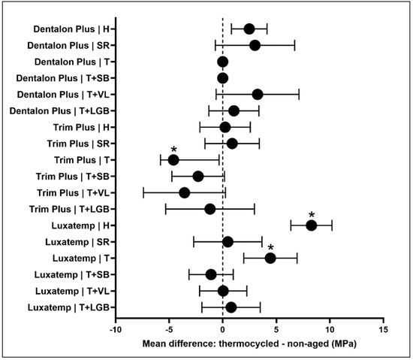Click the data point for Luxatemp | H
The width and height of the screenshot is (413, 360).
[x=312, y=225]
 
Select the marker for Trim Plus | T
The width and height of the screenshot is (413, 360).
[x=173, y=160]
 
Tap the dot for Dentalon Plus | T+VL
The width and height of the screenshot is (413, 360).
[x=258, y=95]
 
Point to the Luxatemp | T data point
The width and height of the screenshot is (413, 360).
[x=270, y=259]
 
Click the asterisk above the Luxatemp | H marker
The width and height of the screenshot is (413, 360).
[x=312, y=214]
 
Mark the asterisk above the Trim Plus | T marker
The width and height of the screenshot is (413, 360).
[x=173, y=150]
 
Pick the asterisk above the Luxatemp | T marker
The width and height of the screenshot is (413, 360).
[x=270, y=247]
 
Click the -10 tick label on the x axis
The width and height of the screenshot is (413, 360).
[x=116, y=330]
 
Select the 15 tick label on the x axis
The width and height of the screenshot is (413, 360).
[x=384, y=330]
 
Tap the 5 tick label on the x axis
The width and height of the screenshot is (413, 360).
[x=276, y=330]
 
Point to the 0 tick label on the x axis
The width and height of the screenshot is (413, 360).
[x=222, y=330]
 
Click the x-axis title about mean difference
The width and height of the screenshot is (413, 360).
[x=249, y=344]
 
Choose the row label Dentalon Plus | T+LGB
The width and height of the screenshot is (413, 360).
[x=59, y=111]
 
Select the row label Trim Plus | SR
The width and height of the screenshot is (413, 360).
[x=78, y=144]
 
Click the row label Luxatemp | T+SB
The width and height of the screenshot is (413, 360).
[x=72, y=275]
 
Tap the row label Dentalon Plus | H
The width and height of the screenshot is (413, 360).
[x=71, y=29]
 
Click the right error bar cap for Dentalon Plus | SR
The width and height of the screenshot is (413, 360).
[x=294, y=46]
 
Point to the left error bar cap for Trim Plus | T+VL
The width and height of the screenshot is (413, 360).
[x=143, y=193]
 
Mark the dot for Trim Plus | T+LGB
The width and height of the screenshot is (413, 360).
[x=210, y=209]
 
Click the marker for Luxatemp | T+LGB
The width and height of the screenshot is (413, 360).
[x=231, y=307]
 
